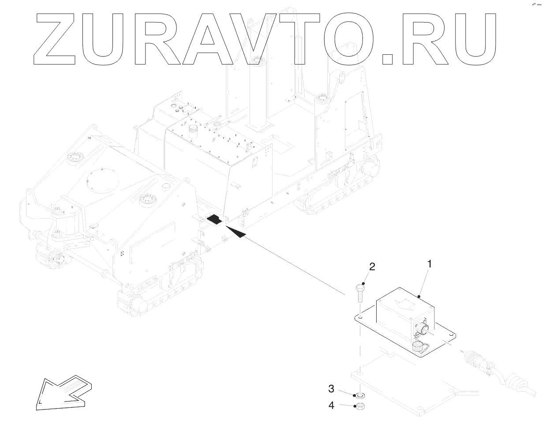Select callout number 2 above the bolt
(x=372, y=266)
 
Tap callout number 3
(x=331, y=389)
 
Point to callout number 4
(x=331, y=404)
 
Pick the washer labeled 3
(x=359, y=394)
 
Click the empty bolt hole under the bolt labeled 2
(x=360, y=317)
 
